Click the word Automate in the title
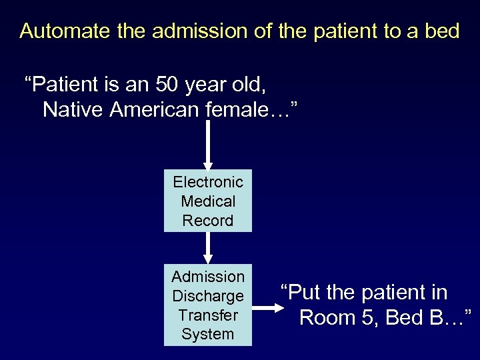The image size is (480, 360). click(59, 31)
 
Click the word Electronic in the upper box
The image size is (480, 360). click(208, 182)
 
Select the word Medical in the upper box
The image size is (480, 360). click(208, 201)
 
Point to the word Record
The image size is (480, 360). click(208, 221)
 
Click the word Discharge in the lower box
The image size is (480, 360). click(208, 296)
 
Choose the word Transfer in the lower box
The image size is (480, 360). click(208, 315)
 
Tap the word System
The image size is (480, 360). click(208, 335)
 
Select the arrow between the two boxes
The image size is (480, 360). click(208, 248)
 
